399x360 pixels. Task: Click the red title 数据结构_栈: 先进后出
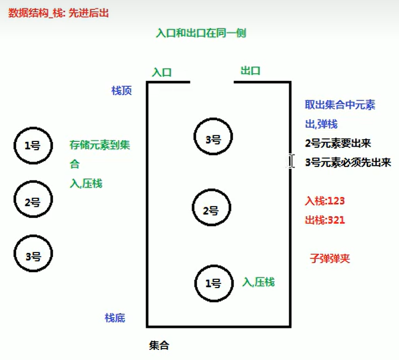coord(59,12)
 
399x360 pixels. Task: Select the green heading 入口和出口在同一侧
coord(200,33)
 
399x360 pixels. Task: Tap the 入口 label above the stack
coord(162,72)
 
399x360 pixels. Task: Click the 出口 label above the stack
coord(250,71)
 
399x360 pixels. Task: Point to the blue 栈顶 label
coord(121,90)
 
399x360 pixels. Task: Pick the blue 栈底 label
coord(115,318)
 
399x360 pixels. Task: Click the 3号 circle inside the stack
coord(213,138)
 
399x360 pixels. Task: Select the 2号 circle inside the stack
coord(211,210)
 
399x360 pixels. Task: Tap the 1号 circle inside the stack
coord(213,283)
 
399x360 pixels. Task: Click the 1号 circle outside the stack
coord(32,144)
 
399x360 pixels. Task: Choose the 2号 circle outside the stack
coord(32,201)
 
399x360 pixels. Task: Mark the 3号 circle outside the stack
coord(33,255)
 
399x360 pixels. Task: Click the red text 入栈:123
coord(325,201)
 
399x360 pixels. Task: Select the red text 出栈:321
coord(325,219)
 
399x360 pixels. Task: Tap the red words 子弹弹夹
coord(330,259)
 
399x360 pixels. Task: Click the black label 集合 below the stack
coord(159,345)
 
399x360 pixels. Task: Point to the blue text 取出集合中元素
coord(340,106)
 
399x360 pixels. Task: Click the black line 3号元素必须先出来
coord(348,162)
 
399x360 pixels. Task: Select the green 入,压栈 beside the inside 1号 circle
coord(259,282)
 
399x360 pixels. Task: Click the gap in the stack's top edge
coord(212,82)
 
